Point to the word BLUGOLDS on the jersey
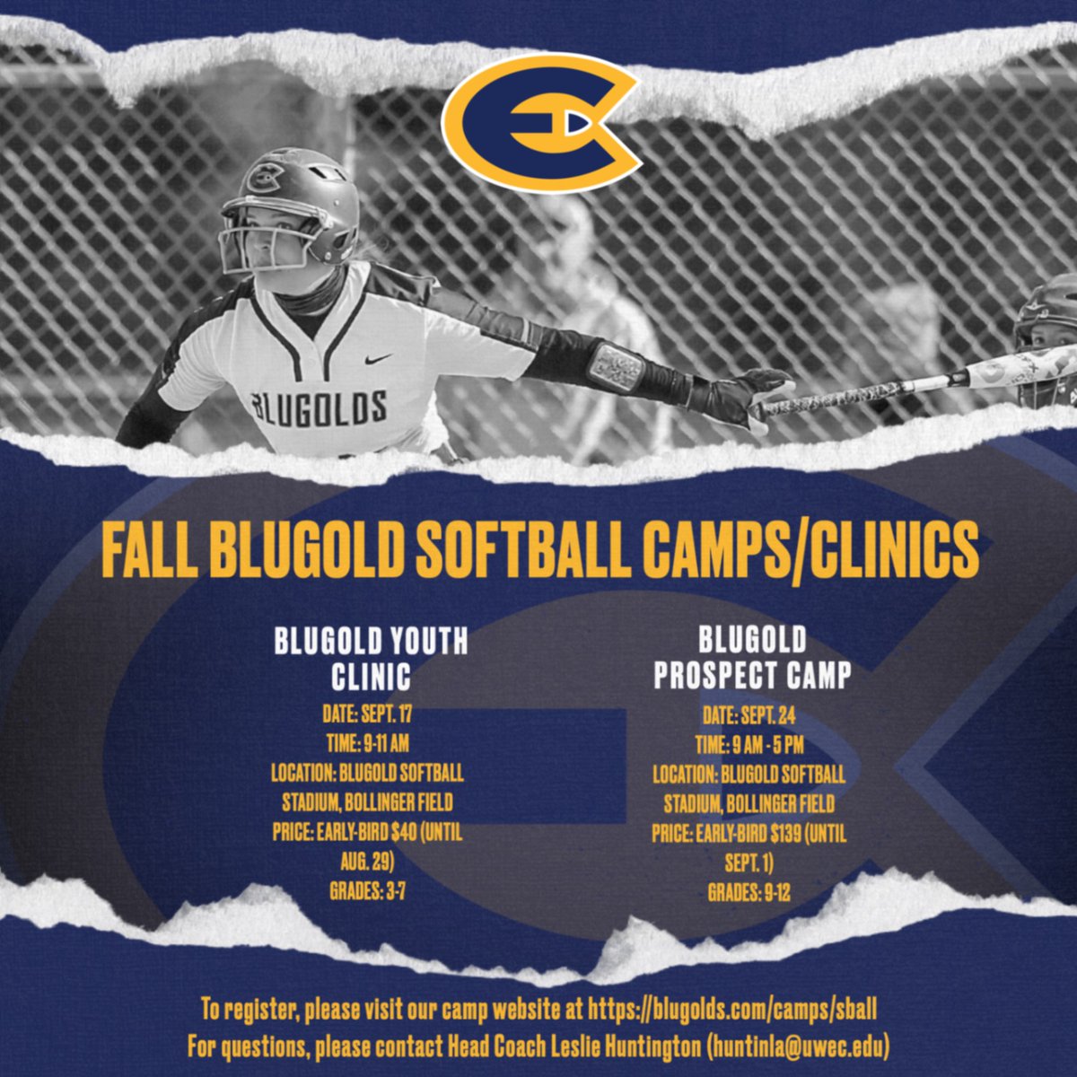[x=320, y=407]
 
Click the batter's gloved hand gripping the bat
[x=757, y=398]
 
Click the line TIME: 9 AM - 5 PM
[x=749, y=745]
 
